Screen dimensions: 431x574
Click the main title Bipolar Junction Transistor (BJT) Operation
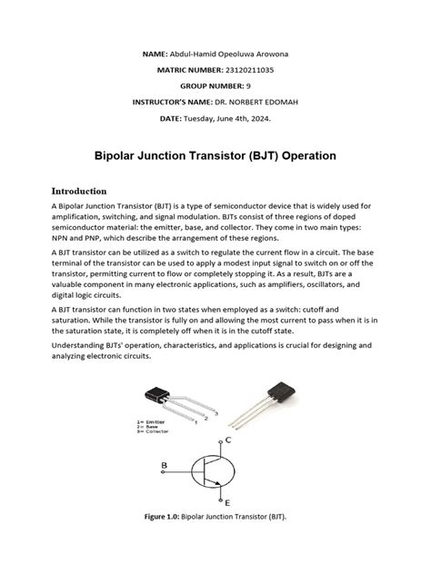tap(215, 156)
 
